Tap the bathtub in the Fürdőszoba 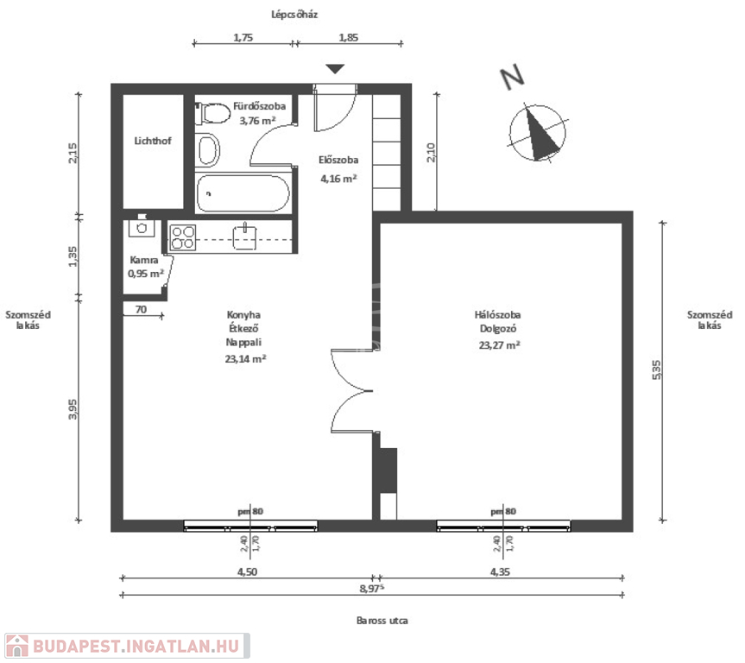243,193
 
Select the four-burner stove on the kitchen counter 183,237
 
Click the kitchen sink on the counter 244,237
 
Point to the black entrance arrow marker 335,69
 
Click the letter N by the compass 512,78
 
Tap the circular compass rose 538,132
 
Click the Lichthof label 153,141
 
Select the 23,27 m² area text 499,345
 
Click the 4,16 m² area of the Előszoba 338,179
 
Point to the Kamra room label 144,260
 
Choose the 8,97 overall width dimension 371,589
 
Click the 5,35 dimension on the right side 656,369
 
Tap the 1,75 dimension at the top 243,37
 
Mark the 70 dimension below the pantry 141,309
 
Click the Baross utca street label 382,620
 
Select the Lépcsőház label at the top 294,15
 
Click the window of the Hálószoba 503,526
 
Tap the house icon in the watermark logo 16,647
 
